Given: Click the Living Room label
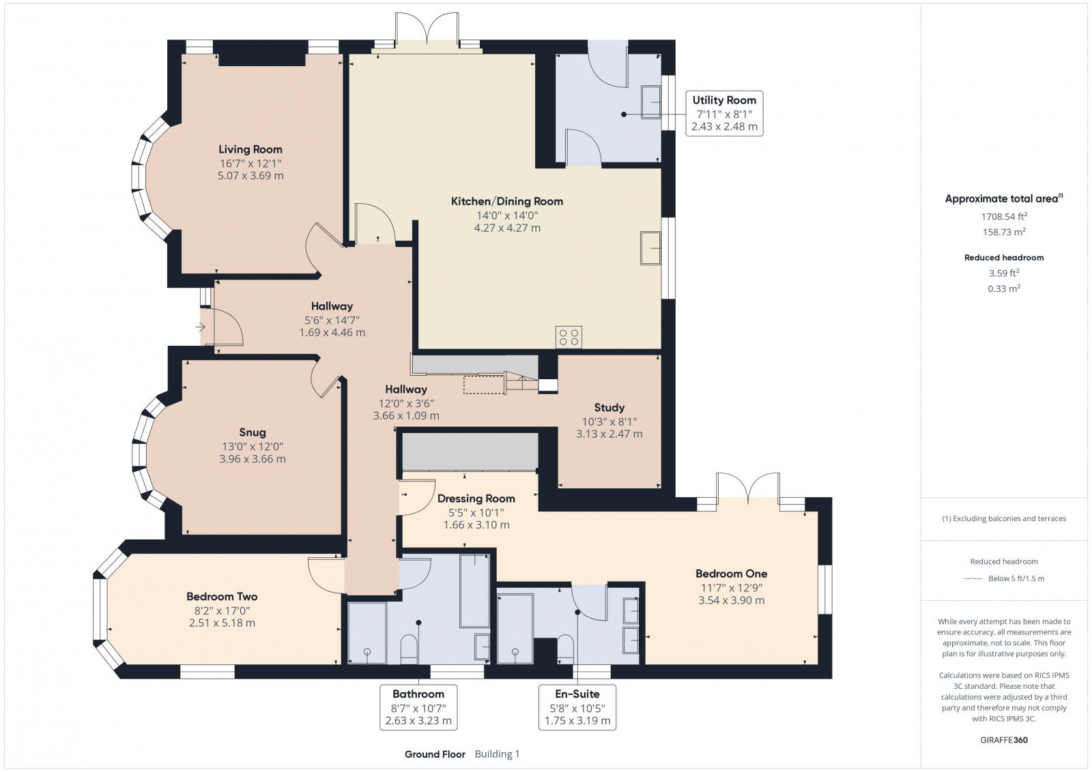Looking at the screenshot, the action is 250,149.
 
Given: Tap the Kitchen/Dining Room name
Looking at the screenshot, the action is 507,201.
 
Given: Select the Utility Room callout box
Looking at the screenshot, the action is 724,113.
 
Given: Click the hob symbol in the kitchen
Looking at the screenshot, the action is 569,337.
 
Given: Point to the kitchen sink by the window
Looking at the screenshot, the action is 650,248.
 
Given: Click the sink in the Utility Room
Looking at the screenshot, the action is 651,102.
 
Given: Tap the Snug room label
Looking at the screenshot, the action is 253,432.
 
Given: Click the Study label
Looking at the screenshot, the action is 609,408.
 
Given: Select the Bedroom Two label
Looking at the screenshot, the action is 222,596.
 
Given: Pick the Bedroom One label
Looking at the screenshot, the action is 731,574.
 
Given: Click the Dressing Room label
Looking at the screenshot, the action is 476,499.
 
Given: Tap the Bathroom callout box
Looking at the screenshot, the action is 418,707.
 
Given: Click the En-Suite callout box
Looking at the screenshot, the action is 577,707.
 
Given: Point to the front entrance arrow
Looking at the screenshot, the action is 201,327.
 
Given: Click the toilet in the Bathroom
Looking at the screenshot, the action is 409,650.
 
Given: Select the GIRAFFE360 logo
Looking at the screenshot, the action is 1004,740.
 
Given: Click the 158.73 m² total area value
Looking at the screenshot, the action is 1004,232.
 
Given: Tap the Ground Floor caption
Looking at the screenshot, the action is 435,754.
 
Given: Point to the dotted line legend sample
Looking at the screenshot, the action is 973,578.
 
